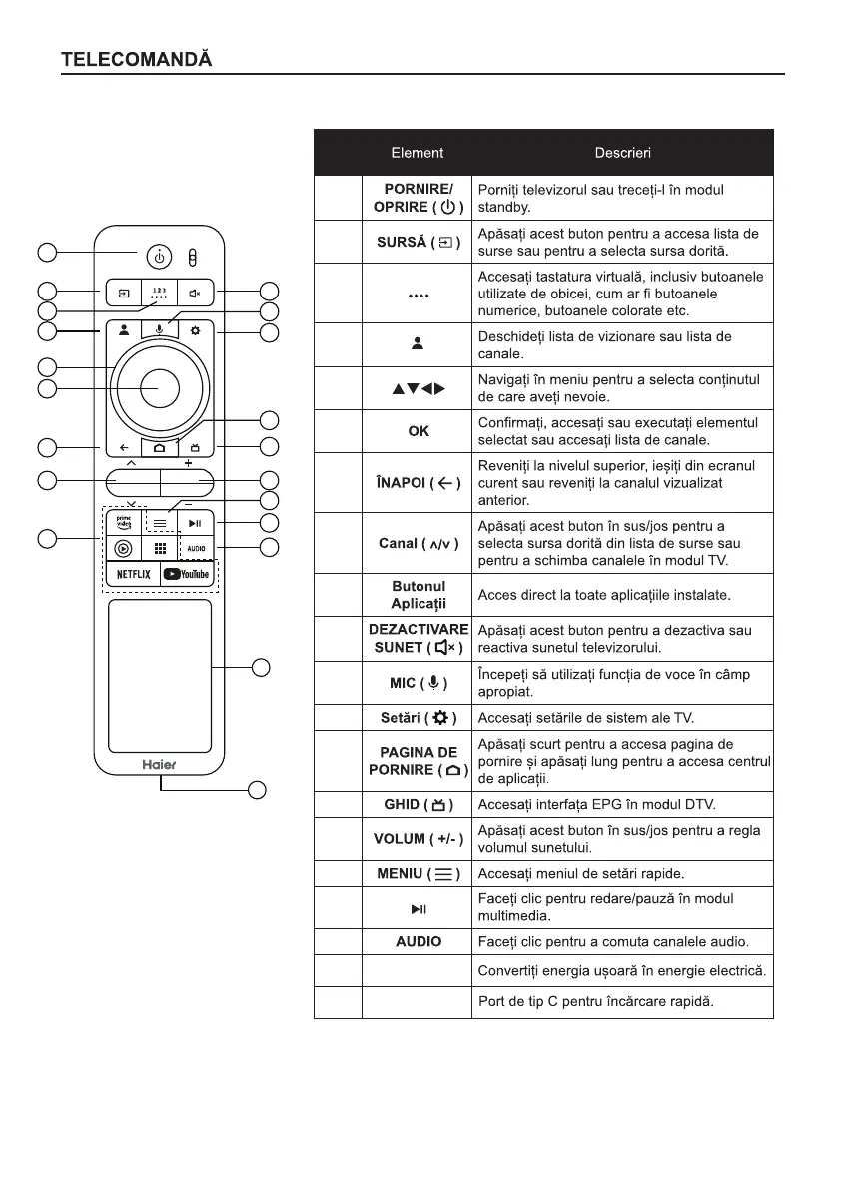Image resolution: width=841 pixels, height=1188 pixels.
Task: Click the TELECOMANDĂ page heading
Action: tap(137, 59)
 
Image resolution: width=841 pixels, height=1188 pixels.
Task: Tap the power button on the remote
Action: tap(159, 257)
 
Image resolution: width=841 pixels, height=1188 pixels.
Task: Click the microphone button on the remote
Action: tap(159, 328)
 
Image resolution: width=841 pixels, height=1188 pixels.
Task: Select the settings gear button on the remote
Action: tap(196, 329)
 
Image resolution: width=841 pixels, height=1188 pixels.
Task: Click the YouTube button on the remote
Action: tap(187, 574)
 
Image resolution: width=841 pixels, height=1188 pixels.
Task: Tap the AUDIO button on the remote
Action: tap(196, 548)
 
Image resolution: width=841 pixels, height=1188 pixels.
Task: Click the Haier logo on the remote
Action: tap(159, 762)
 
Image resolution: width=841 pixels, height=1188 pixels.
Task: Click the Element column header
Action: tap(417, 153)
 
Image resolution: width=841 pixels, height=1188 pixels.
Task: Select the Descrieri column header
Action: tap(622, 153)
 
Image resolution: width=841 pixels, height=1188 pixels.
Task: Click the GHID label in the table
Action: tap(418, 805)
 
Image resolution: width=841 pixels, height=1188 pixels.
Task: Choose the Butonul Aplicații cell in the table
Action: tap(418, 595)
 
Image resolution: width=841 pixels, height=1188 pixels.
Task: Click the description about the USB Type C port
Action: tap(596, 1002)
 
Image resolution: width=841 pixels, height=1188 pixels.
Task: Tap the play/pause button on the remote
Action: tap(196, 521)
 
